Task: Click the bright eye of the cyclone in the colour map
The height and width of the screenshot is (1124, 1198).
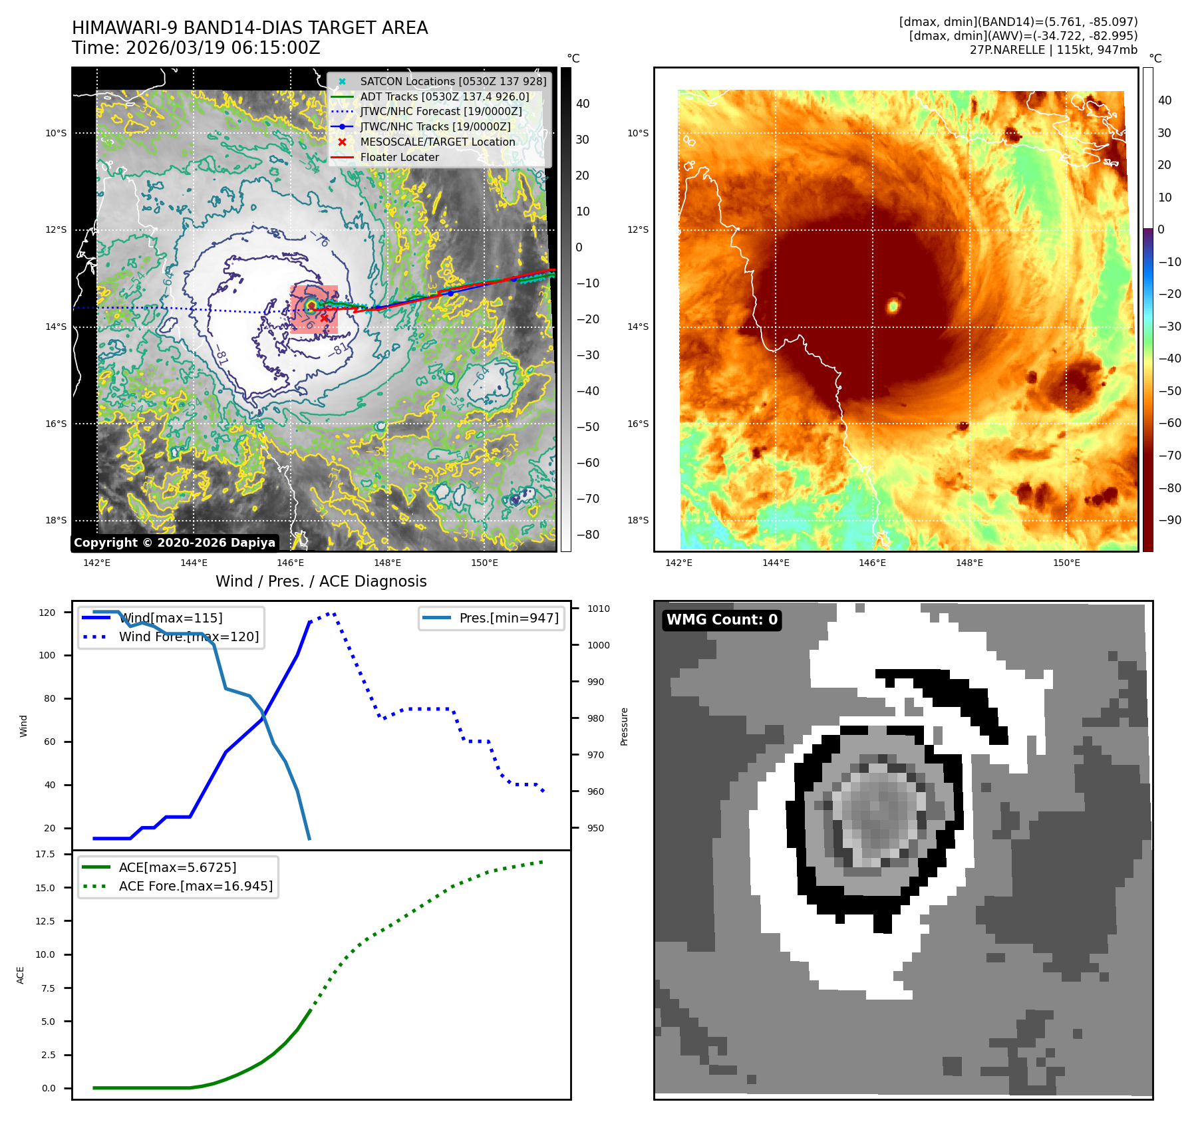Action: [893, 305]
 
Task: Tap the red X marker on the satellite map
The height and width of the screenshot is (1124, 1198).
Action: [324, 318]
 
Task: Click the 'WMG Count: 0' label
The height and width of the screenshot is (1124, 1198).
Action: [722, 620]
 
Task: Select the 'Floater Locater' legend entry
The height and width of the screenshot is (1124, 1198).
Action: [399, 157]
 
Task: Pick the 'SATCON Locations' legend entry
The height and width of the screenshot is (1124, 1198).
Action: [452, 81]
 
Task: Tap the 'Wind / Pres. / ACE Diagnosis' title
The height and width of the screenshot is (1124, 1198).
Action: [321, 581]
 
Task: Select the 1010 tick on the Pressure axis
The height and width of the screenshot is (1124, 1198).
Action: [598, 609]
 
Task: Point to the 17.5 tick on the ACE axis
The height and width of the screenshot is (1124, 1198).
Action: [45, 854]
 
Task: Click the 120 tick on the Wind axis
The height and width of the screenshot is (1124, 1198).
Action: [47, 613]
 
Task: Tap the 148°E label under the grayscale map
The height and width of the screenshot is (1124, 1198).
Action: [387, 563]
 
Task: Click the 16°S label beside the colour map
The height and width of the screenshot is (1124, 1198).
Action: [637, 424]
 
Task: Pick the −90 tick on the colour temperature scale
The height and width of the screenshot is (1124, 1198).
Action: [1169, 520]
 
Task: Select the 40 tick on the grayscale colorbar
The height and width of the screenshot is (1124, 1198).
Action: [583, 104]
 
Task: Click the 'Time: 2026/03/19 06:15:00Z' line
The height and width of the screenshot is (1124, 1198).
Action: [196, 48]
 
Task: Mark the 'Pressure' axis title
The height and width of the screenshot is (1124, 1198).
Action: [624, 726]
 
